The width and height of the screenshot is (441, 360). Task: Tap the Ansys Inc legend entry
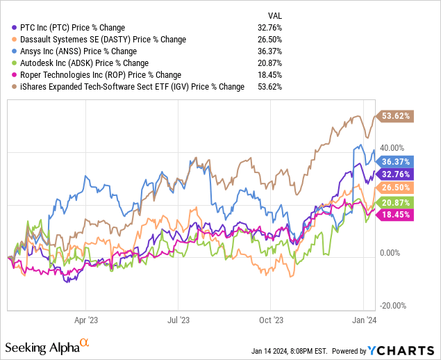(78, 51)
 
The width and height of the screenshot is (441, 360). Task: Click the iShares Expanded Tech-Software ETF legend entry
(129, 87)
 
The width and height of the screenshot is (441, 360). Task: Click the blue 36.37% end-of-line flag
(396, 161)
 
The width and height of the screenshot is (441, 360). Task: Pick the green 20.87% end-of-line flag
(396, 202)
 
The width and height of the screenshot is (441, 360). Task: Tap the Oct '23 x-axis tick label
(272, 321)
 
